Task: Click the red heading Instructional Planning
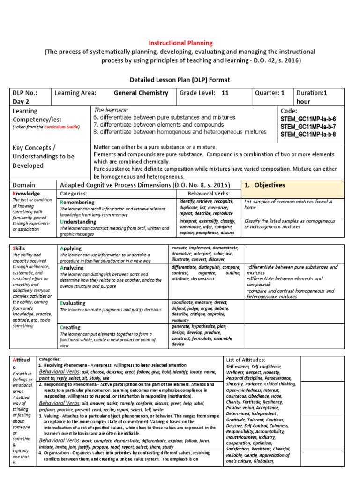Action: (x=180, y=43)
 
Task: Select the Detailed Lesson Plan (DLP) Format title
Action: (x=180, y=80)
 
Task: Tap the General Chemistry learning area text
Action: (x=141, y=93)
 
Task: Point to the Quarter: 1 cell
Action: (x=270, y=93)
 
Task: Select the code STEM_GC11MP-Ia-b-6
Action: (x=307, y=119)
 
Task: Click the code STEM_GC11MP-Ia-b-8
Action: (x=307, y=135)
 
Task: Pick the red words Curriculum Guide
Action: (x=61, y=127)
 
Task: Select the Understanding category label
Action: (x=78, y=221)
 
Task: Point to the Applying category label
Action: (x=71, y=248)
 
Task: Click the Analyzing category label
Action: (x=72, y=268)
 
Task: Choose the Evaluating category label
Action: (x=73, y=303)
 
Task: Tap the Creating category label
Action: (x=70, y=327)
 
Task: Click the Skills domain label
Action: (x=19, y=248)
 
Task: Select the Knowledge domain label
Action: (x=26, y=194)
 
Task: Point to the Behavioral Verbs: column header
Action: (x=209, y=193)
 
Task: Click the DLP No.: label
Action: (x=24, y=93)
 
